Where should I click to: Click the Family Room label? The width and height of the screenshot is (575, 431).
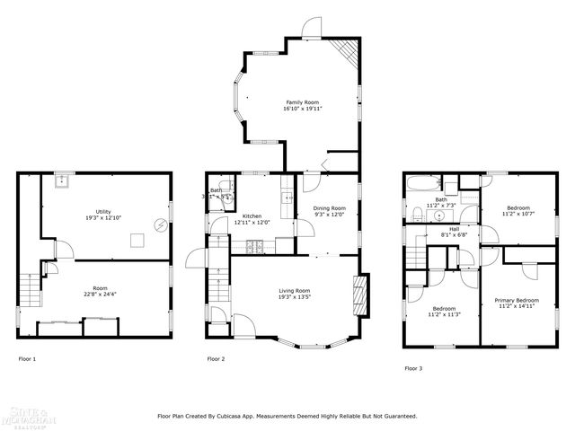pos(303,102)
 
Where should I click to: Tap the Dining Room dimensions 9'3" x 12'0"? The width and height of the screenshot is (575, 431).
pos(329,215)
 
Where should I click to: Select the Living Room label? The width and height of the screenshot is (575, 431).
pos(294,290)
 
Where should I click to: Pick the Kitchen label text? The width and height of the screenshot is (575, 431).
pos(252,215)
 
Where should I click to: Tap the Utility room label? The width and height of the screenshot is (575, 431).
pos(103,211)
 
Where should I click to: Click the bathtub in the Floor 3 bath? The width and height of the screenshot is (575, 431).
pos(420,186)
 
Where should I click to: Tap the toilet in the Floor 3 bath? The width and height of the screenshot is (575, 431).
pos(419,214)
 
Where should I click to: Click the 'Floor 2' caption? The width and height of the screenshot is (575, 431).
pos(216,358)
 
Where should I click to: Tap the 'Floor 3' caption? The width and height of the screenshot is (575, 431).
pos(412,367)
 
